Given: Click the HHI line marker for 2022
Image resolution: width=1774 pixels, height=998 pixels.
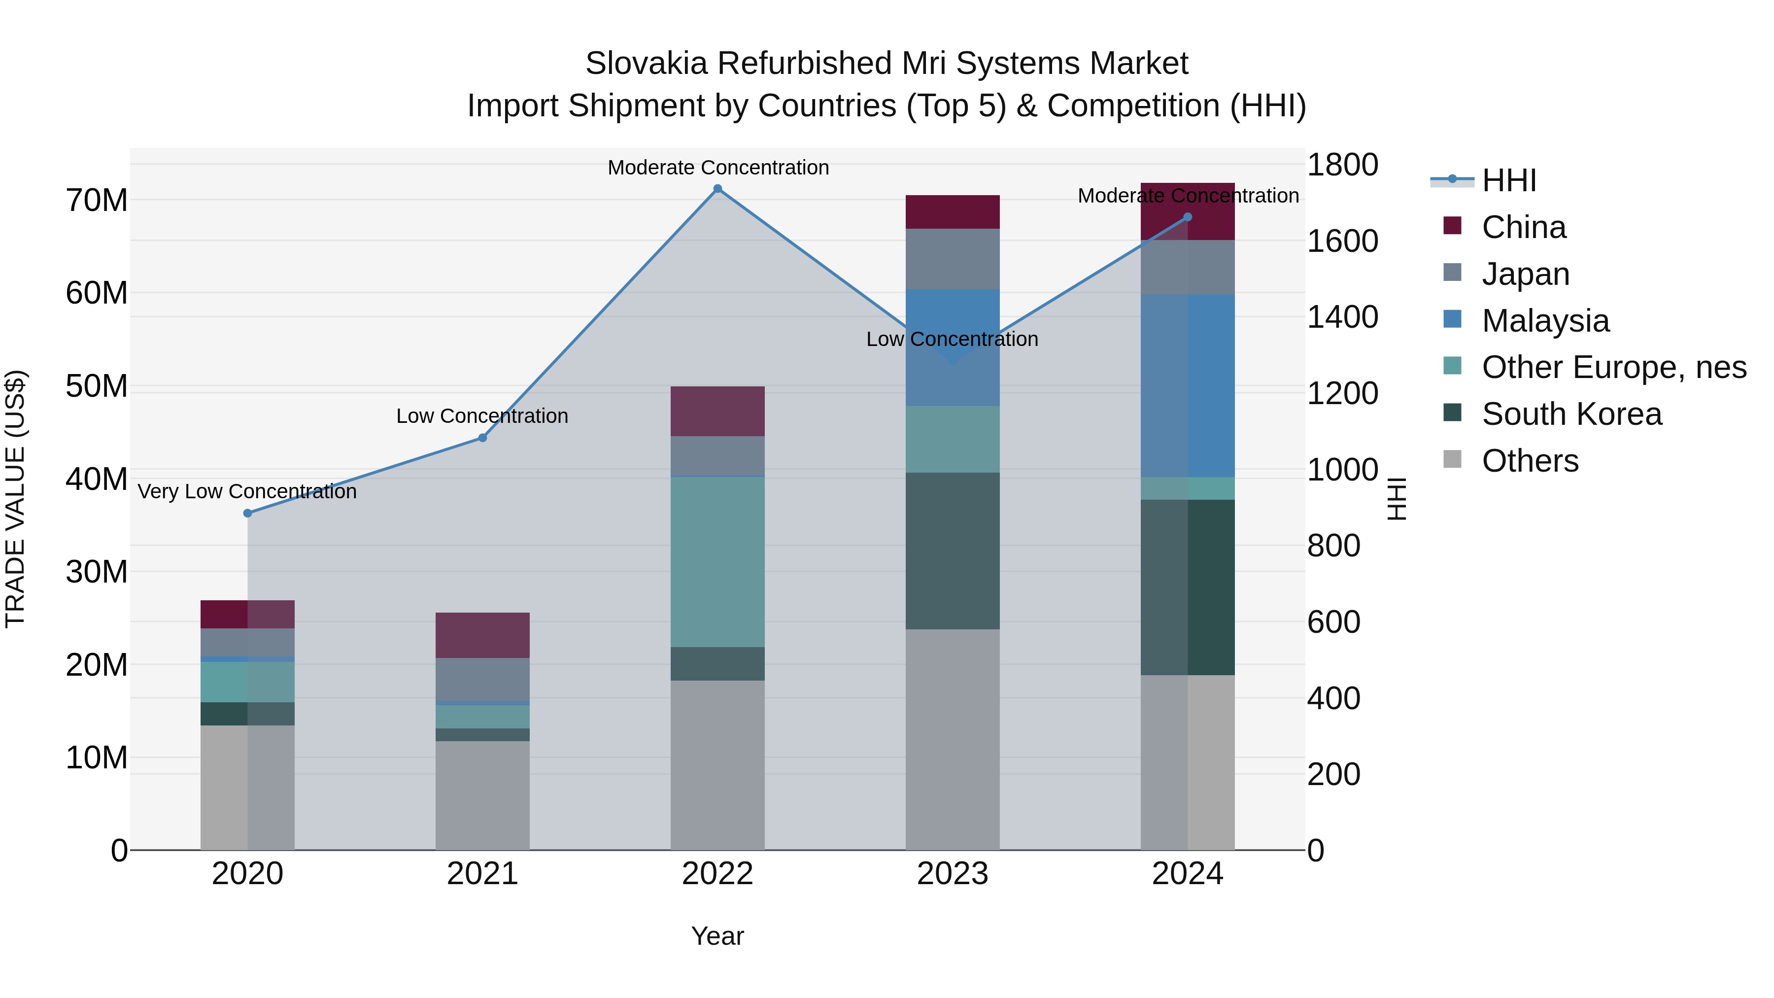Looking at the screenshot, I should pos(717,189).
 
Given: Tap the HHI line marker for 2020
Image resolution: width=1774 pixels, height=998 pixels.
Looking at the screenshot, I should pos(247,513).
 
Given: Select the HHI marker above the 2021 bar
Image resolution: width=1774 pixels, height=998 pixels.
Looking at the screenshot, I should pos(482,438).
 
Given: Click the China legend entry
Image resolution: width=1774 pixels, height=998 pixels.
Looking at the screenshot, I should pos(1523,227).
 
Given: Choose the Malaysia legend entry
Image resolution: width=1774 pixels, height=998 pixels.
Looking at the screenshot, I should pos(1545,321).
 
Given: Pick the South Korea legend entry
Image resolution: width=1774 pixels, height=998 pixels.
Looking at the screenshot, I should pos(1571,414).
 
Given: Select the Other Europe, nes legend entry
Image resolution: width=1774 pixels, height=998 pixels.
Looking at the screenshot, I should pos(1613,368).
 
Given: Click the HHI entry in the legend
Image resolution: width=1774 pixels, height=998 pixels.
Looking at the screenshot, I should pos(1508,180).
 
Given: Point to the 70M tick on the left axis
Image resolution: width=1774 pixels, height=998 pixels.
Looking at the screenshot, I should pos(97,201).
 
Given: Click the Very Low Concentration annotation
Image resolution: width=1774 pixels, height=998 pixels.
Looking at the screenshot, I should pos(247,492).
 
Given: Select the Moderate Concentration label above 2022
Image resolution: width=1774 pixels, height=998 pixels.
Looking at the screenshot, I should pos(717,168).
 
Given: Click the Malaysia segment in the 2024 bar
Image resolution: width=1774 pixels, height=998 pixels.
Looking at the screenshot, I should pos(1187,386).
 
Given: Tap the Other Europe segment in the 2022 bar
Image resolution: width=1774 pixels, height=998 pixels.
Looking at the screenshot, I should pos(717,561).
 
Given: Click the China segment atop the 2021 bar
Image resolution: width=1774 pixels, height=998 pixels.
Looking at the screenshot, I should pos(482,635).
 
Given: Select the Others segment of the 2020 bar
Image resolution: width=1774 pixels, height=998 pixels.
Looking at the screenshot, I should pos(247,787).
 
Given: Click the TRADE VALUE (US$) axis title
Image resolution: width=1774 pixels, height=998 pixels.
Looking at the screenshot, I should pos(15,499).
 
